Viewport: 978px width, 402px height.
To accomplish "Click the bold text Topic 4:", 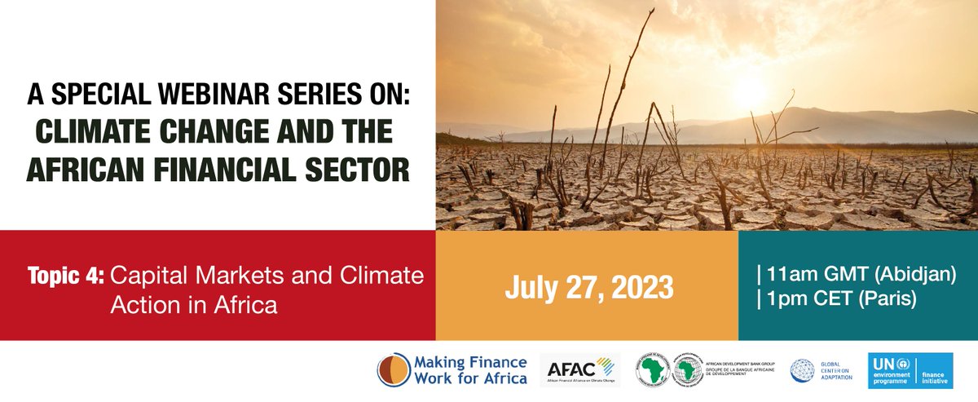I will pos(66,276).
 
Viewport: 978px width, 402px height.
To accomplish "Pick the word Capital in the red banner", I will pos(143,276).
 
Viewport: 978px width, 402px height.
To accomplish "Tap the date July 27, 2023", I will pos(588,287).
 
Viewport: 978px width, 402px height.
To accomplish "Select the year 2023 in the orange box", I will pos(641,287).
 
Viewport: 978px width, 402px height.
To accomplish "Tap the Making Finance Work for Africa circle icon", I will pos(394,370).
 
